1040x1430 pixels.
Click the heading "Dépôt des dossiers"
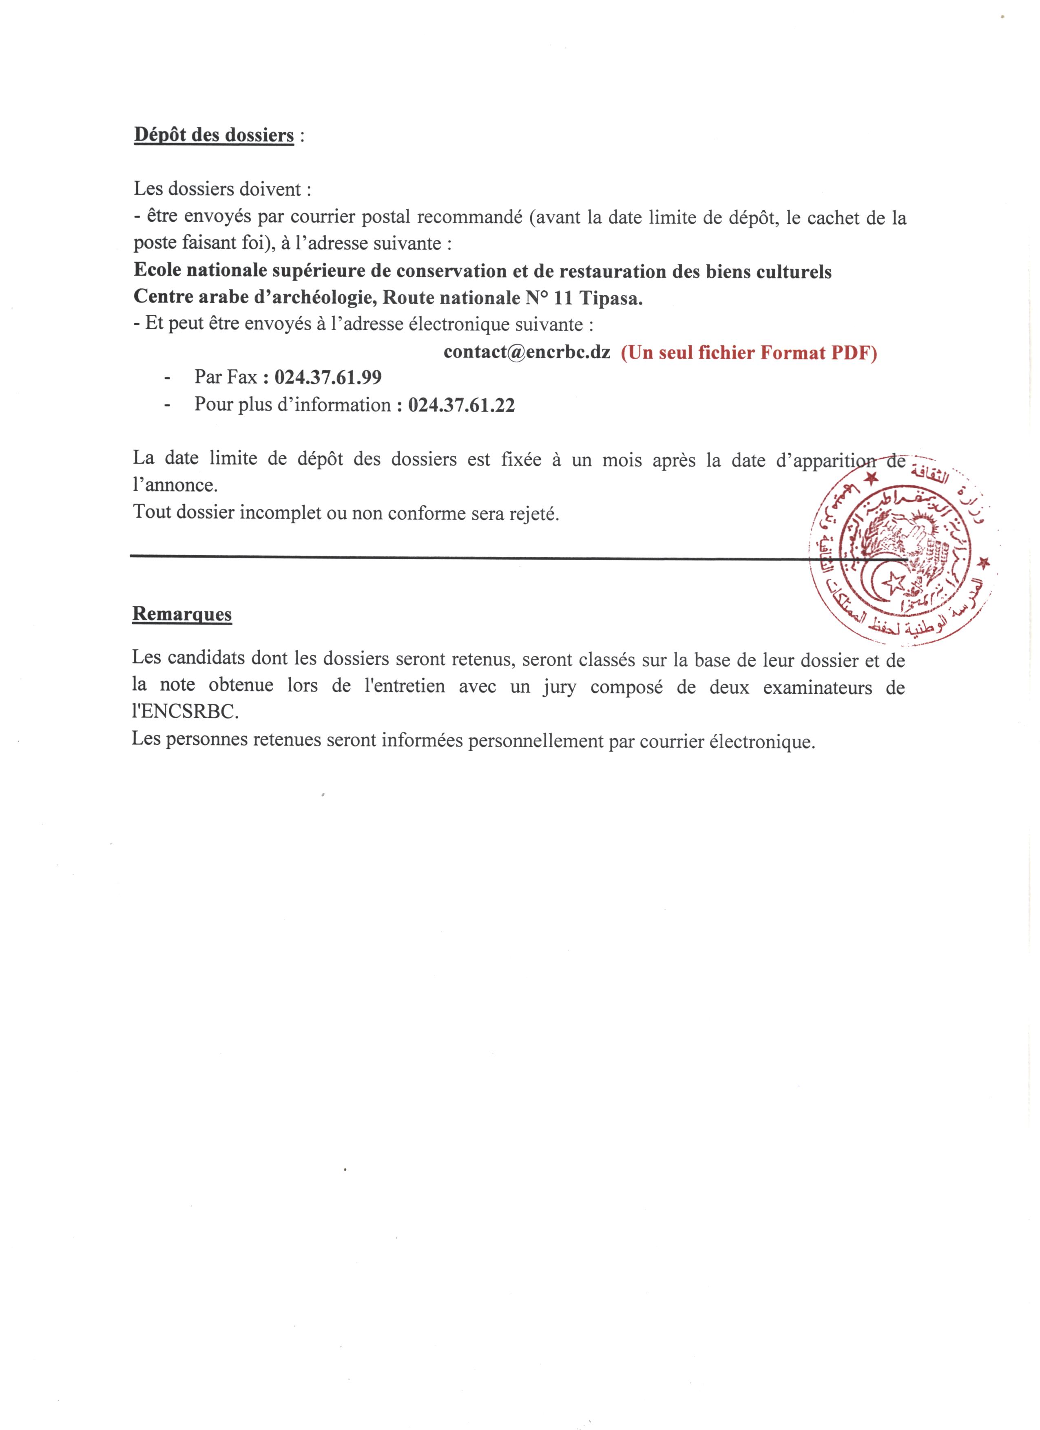point(214,136)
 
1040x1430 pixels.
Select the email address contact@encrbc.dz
point(527,352)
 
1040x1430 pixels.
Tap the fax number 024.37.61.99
point(328,377)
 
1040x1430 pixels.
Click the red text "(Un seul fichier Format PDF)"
point(749,353)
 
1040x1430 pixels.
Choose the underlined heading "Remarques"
point(182,614)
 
